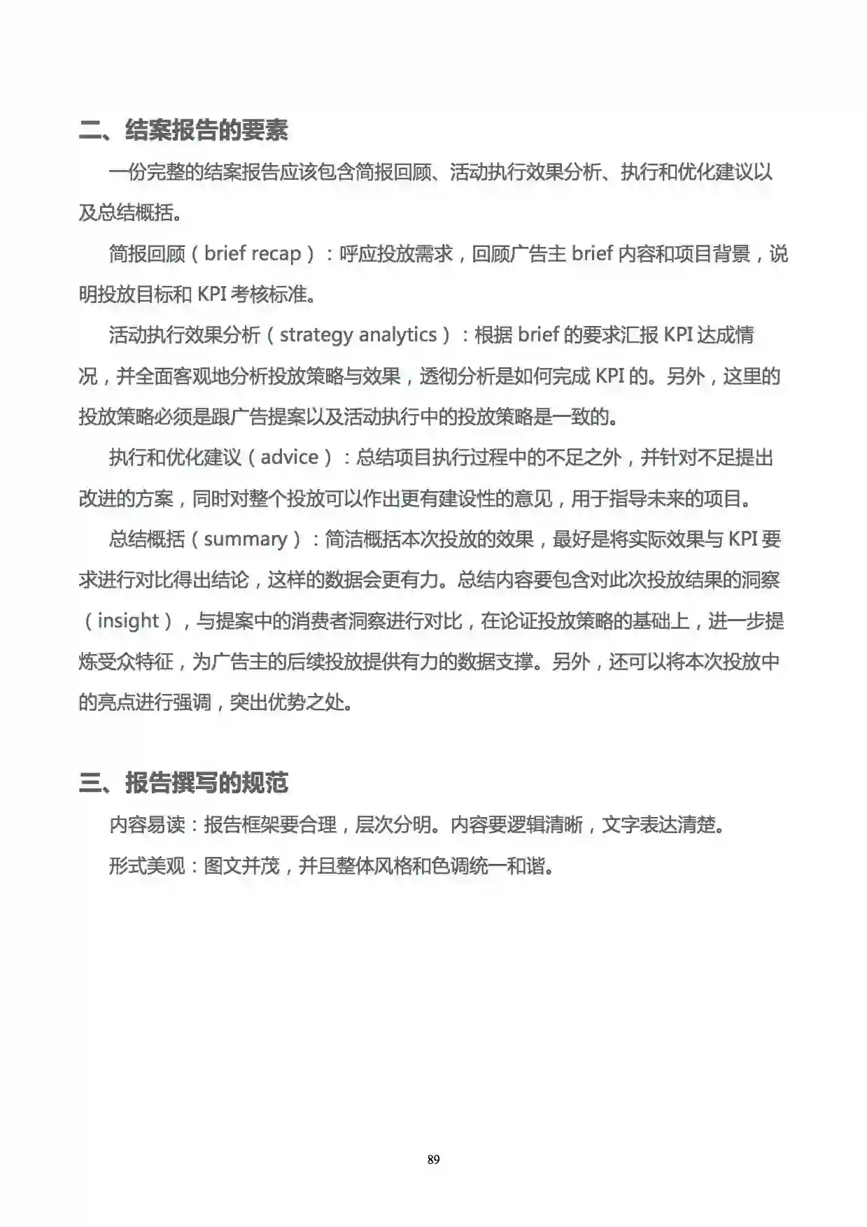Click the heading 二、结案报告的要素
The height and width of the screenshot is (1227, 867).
[183, 130]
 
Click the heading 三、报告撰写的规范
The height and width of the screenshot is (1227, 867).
[183, 783]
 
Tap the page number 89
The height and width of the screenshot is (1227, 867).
[433, 1159]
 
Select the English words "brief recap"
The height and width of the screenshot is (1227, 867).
[252, 253]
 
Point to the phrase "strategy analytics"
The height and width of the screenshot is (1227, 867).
[358, 335]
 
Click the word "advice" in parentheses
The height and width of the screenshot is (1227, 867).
[290, 458]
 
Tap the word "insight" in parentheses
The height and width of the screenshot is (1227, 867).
[128, 621]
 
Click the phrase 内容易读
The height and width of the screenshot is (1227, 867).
[146, 825]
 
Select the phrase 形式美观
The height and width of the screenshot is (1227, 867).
[146, 866]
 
